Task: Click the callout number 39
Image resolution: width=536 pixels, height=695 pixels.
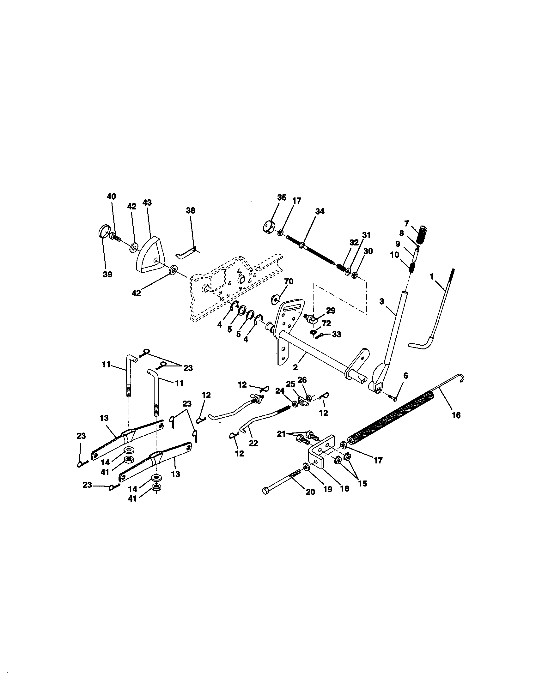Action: pos(107,274)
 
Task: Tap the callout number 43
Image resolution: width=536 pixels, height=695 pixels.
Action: pos(147,203)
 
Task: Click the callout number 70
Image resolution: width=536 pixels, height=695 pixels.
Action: pos(289,281)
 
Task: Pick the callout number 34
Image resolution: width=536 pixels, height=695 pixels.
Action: pos(320,211)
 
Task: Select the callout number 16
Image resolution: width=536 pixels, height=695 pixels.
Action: pos(456,415)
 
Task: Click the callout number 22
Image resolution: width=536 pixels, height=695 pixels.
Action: pos(253,443)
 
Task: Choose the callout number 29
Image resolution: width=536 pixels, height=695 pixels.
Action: pos(331,310)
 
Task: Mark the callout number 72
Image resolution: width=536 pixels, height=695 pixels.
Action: pos(326,323)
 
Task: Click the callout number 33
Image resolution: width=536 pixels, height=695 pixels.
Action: pos(337,334)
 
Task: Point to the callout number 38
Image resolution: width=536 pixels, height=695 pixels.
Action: pos(191,210)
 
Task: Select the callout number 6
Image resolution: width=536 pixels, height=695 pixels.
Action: pos(405,376)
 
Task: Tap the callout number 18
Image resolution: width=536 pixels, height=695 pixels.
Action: pos(344,488)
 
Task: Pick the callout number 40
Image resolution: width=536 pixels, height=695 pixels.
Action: pos(111,197)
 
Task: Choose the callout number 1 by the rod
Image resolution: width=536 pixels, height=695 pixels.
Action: pos(432,277)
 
